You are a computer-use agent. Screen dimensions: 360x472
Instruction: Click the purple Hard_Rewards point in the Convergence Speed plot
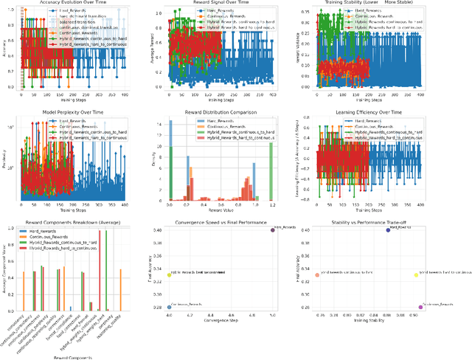click(x=273, y=230)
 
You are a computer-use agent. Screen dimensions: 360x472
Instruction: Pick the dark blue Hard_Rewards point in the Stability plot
click(x=388, y=230)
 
